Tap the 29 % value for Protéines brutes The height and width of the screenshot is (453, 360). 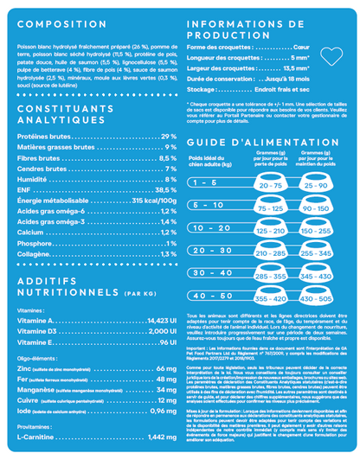point(168,137)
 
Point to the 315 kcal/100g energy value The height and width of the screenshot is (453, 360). point(154,200)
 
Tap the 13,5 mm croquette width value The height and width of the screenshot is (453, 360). point(296,67)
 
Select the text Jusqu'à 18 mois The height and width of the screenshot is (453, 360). point(285,79)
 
